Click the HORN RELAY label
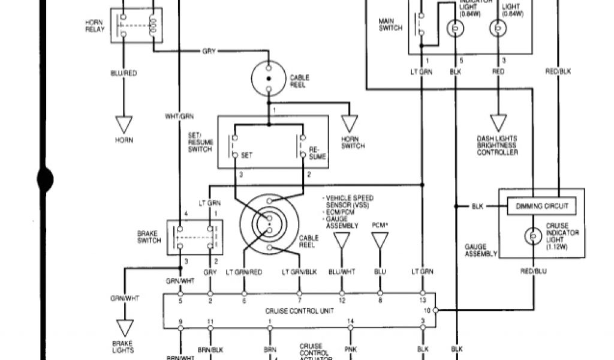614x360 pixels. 94,25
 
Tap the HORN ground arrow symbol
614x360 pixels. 124,124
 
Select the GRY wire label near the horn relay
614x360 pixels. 209,52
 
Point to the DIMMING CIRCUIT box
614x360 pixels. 541,206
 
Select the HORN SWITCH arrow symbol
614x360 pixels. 350,124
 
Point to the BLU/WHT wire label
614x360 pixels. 342,272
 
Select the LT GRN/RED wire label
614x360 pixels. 243,272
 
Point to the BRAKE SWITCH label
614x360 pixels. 149,237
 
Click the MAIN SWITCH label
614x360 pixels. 391,24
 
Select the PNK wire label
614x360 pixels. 351,349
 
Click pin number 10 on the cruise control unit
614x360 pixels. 428,310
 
